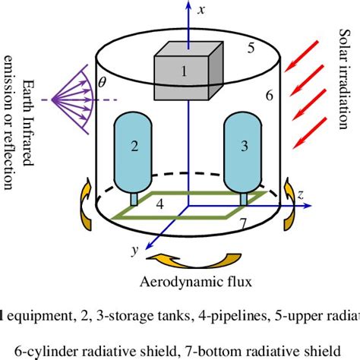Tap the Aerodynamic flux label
click(x=180, y=283)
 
